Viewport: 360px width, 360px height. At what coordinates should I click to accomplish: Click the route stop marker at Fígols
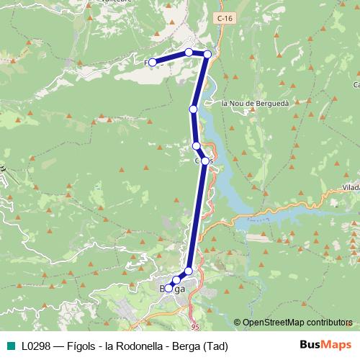click(x=152, y=63)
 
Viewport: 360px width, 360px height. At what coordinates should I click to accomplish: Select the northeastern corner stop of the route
click(x=207, y=54)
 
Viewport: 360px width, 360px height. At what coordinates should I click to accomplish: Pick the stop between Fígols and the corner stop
click(x=189, y=52)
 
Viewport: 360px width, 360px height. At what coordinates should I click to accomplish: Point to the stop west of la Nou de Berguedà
click(x=193, y=109)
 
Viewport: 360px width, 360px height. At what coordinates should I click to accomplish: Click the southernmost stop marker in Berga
click(x=168, y=288)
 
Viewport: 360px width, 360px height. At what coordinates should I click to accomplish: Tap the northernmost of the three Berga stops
click(x=189, y=271)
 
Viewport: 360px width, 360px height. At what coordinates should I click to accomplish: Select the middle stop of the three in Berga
click(x=176, y=279)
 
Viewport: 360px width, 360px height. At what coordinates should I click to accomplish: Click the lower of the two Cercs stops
click(x=205, y=161)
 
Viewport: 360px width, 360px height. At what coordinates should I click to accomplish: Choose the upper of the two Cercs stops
click(x=197, y=146)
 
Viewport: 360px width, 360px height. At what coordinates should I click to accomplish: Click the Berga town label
click(x=173, y=289)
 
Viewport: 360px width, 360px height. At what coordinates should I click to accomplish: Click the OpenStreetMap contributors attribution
click(x=297, y=322)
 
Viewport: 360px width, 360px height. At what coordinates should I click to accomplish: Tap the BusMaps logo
click(x=325, y=345)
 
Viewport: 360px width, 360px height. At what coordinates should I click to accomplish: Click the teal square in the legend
click(x=9, y=346)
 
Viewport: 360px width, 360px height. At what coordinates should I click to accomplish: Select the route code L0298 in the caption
click(x=36, y=346)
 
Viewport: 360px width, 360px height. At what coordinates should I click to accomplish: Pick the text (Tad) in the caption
click(x=213, y=346)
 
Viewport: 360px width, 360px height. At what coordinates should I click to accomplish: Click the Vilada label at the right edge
click(x=351, y=186)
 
